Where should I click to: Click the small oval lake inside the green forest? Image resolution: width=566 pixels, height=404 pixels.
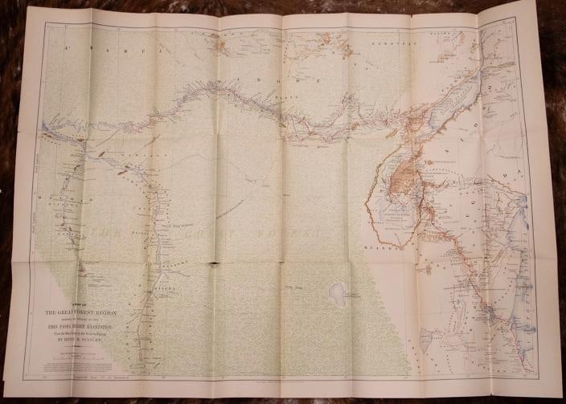click(x=338, y=292)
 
